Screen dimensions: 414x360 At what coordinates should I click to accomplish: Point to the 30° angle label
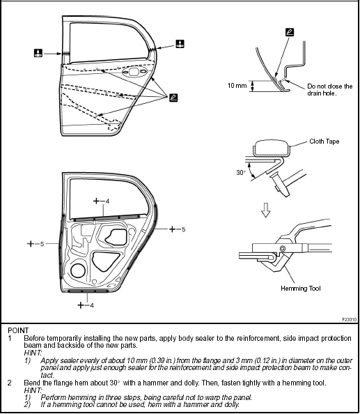[x=240, y=171]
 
